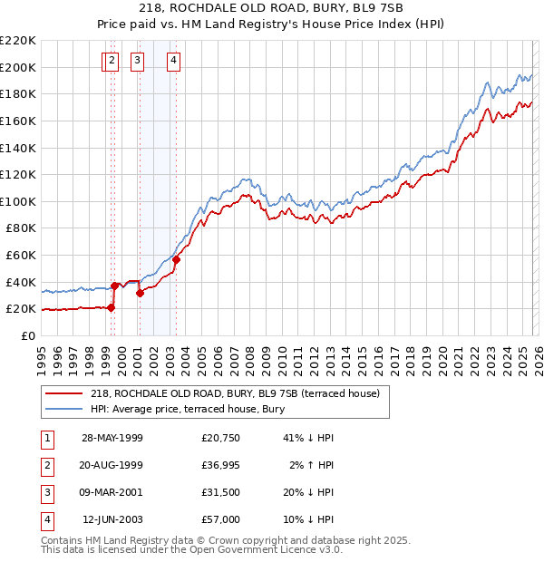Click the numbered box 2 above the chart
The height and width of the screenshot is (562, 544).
(112, 62)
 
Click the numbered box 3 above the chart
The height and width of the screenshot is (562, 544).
(138, 62)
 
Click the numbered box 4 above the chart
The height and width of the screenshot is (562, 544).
(173, 62)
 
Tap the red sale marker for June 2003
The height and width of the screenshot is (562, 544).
(176, 260)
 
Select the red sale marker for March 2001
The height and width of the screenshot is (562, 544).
(140, 293)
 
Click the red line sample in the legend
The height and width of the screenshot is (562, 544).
(64, 393)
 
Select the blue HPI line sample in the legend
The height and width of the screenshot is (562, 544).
(64, 409)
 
